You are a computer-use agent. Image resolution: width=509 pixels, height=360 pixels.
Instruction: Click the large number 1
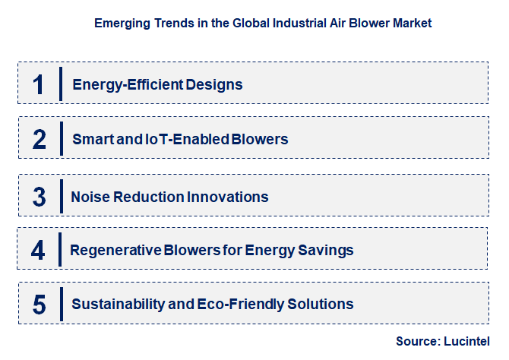click(40, 84)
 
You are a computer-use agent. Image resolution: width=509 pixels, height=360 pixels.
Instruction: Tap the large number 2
click(40, 139)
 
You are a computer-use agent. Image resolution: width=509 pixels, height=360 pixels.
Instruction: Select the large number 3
click(40, 196)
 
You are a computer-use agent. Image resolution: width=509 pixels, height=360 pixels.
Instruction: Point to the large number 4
click(40, 249)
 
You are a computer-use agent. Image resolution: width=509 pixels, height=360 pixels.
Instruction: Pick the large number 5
click(40, 304)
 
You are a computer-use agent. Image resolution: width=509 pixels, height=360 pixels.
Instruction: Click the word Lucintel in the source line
click(469, 341)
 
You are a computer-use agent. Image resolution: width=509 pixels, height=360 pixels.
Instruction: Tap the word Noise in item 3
click(88, 197)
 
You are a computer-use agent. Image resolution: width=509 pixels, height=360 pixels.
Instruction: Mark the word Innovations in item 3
click(231, 197)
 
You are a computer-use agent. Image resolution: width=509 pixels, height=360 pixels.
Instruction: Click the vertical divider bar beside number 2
click(61, 139)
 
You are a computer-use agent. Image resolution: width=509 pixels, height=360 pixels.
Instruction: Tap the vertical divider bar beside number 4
click(61, 249)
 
